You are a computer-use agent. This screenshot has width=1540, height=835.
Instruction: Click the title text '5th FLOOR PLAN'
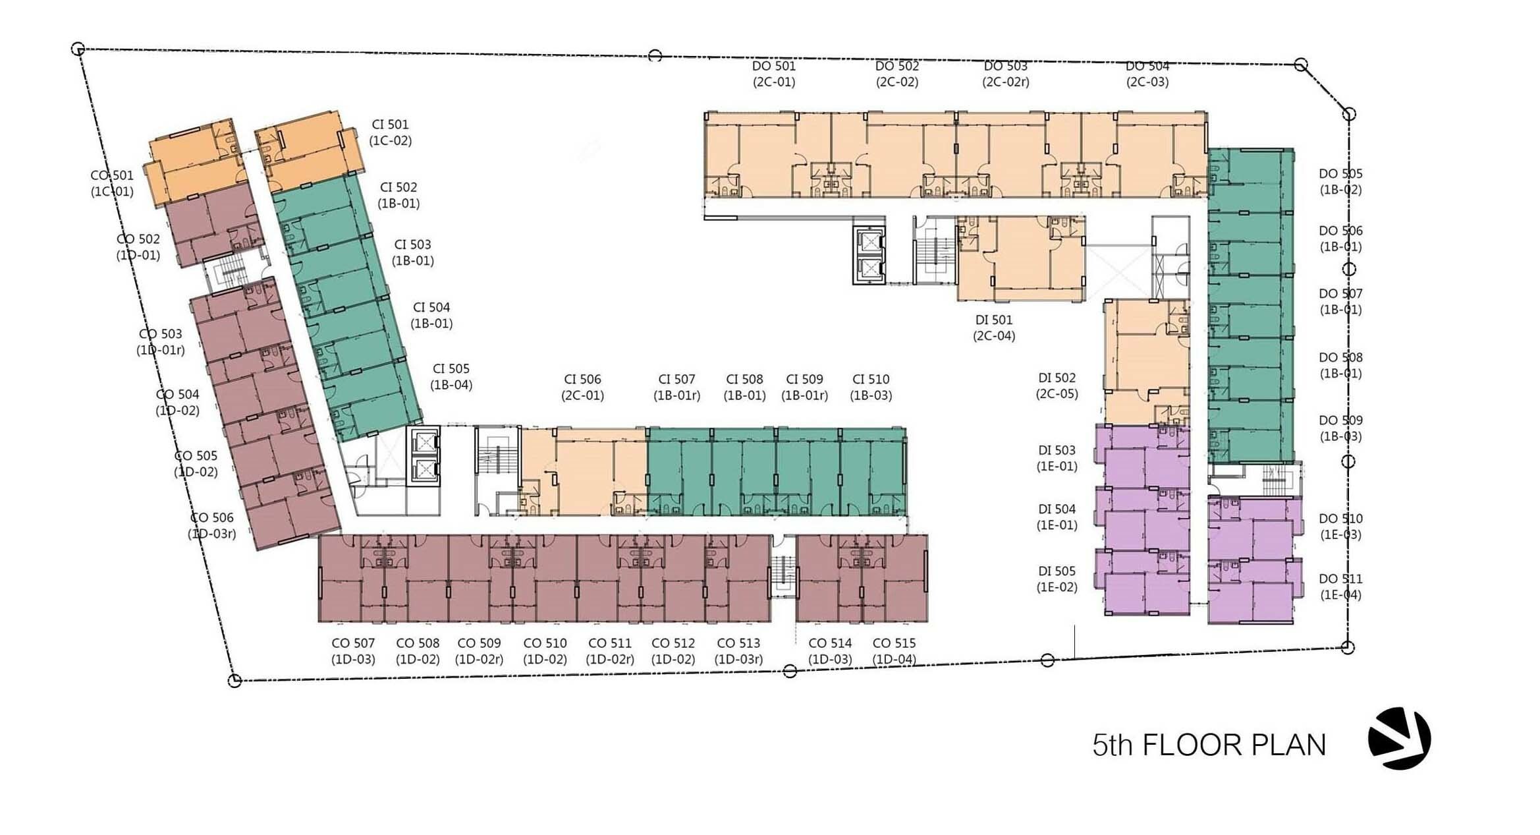pos(1209,745)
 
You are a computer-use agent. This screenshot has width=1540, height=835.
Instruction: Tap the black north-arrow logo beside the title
pos(1399,738)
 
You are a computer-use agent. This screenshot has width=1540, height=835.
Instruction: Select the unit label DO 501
pos(774,66)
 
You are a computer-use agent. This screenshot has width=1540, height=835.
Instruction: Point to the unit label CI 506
pos(582,380)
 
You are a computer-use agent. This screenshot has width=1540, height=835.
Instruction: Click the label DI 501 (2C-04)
pos(994,328)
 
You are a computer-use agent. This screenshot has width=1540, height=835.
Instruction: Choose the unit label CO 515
pos(894,643)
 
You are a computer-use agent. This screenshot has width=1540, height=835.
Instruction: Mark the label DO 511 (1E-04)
pos(1341,587)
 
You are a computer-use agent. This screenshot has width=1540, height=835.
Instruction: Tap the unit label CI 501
pos(390,125)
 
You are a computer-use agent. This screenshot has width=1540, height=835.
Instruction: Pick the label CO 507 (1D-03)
pos(353,651)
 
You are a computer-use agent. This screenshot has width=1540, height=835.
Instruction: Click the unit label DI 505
pos(1057,571)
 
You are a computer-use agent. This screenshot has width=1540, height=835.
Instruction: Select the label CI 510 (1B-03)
pos(871,388)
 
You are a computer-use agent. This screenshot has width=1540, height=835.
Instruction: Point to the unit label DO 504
pos(1147,66)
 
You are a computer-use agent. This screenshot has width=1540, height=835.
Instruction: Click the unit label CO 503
pos(160,334)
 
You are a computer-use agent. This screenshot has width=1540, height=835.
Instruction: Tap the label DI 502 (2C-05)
pos(1057,386)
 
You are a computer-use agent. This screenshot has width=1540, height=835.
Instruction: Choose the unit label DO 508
pos(1340,358)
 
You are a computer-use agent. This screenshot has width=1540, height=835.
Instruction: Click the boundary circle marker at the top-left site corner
pos(78,49)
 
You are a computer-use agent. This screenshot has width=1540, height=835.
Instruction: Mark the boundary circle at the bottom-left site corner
pos(234,681)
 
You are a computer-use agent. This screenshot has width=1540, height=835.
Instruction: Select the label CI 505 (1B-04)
pos(451,377)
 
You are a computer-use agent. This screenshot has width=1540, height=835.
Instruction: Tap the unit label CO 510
pos(545,643)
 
